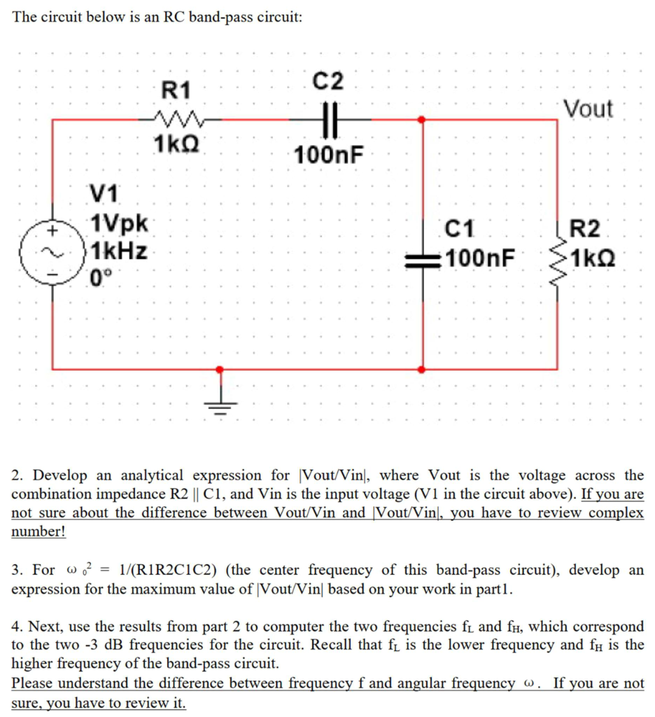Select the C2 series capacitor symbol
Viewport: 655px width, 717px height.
(x=329, y=120)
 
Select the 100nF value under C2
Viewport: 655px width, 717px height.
(x=329, y=154)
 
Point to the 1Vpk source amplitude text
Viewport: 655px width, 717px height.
(x=120, y=225)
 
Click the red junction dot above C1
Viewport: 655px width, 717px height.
(x=421, y=120)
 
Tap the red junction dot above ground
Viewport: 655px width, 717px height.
(x=220, y=369)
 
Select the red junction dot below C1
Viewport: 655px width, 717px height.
(x=421, y=369)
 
